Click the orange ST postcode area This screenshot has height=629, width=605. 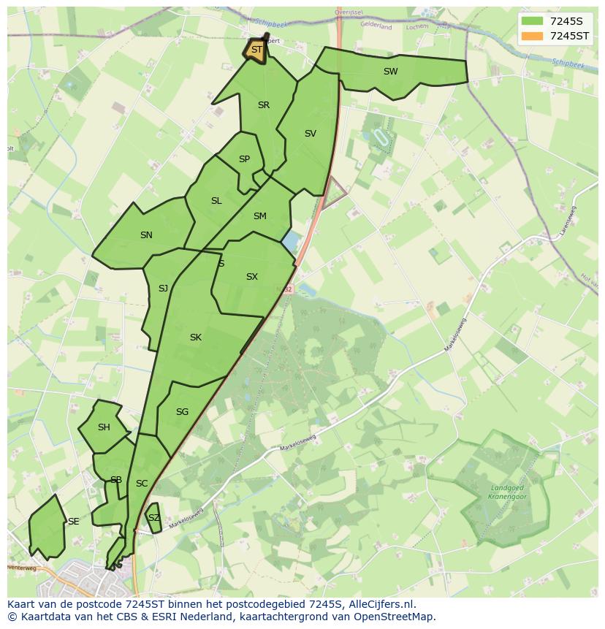[256, 51]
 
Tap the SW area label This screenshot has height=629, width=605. [391, 72]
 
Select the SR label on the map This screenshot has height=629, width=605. [264, 105]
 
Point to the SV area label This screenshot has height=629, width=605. [311, 134]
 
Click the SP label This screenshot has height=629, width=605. [244, 159]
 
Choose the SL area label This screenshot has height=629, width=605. [216, 201]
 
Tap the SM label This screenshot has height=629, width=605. [260, 216]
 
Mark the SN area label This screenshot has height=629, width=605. [146, 235]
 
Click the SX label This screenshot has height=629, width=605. [252, 277]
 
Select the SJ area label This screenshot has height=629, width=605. [163, 289]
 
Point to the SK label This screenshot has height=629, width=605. [196, 338]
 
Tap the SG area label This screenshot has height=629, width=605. [183, 412]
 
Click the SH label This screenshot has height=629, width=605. [104, 427]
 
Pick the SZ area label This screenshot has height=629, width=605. [153, 518]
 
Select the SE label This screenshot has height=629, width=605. [73, 522]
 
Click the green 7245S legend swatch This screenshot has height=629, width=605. [533, 21]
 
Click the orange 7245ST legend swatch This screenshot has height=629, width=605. [533, 36]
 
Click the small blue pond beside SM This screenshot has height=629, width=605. [290, 240]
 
